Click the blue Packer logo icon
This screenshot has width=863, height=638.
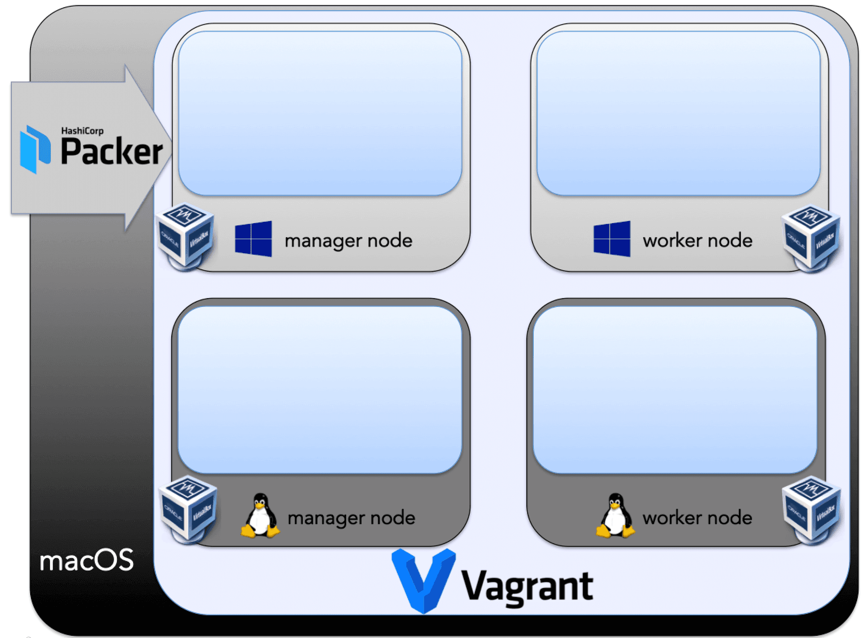point(35,149)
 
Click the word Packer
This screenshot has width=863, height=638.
point(111,152)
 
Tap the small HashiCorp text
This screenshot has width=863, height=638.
point(82,131)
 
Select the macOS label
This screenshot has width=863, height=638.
point(87,560)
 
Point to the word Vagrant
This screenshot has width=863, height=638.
point(527,586)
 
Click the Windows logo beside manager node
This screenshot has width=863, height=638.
point(253,239)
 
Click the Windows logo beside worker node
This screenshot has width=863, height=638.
point(612,239)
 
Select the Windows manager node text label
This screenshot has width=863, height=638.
point(348,241)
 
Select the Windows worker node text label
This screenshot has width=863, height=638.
point(697,241)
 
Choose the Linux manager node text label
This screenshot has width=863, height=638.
point(351,518)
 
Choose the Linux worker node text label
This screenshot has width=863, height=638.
point(697,518)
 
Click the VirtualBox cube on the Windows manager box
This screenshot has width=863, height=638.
point(185,236)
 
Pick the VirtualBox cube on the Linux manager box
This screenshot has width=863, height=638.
point(188,509)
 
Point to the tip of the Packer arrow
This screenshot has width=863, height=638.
point(171,148)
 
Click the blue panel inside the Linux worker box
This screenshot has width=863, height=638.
point(675,389)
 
